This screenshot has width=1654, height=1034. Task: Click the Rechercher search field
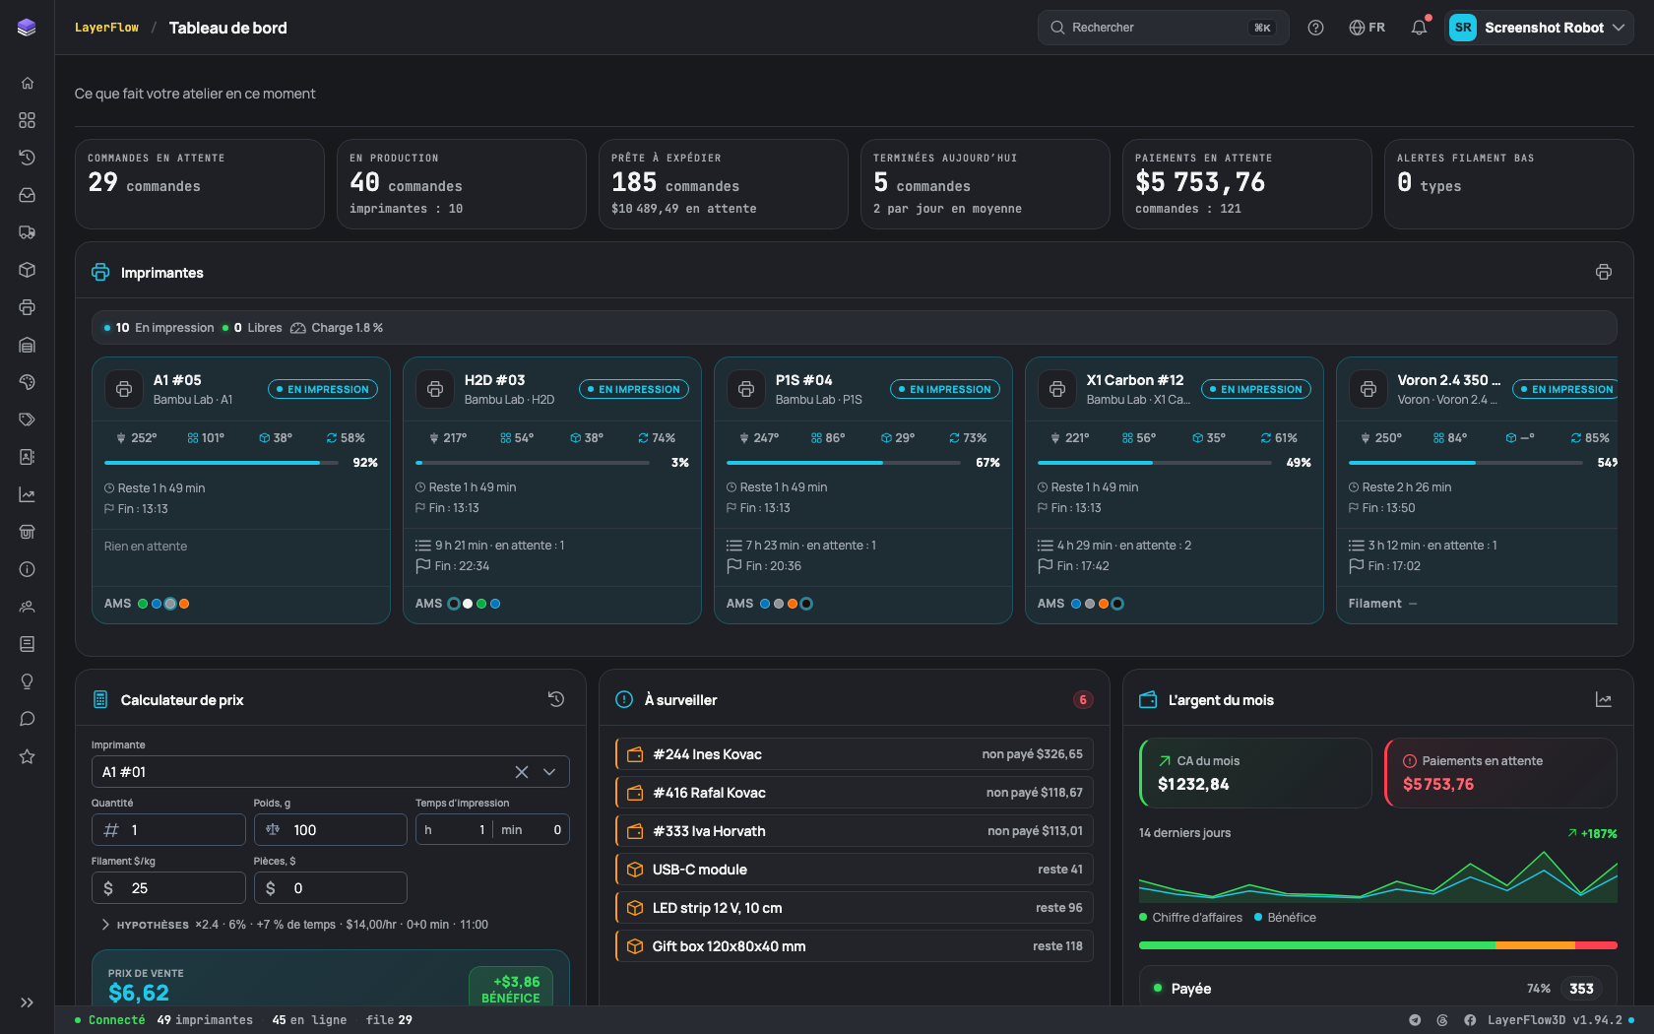1163,28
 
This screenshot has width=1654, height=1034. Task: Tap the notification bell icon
1419,28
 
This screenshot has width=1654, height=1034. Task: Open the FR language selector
1367,28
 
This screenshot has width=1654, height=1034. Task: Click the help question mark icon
1315,28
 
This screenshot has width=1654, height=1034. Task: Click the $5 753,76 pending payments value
1200,181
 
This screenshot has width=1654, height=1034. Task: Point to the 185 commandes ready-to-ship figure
675,182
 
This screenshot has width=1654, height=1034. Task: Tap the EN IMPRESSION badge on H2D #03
634,389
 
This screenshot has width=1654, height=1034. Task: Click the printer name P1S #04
803,380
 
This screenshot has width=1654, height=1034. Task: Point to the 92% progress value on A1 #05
364,463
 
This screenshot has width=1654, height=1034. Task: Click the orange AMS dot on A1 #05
184,604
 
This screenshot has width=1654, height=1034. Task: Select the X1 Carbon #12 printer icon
1057,388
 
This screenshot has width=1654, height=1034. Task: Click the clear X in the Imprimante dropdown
522,772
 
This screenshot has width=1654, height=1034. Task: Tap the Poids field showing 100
330,829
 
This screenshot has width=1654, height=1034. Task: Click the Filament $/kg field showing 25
168,888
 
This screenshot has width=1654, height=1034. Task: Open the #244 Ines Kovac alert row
855,754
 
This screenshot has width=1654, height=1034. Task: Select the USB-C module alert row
855,870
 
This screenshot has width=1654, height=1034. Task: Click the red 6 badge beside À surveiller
1083,699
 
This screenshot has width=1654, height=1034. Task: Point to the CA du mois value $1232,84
1193,784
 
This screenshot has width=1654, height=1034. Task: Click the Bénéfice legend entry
1285,918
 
